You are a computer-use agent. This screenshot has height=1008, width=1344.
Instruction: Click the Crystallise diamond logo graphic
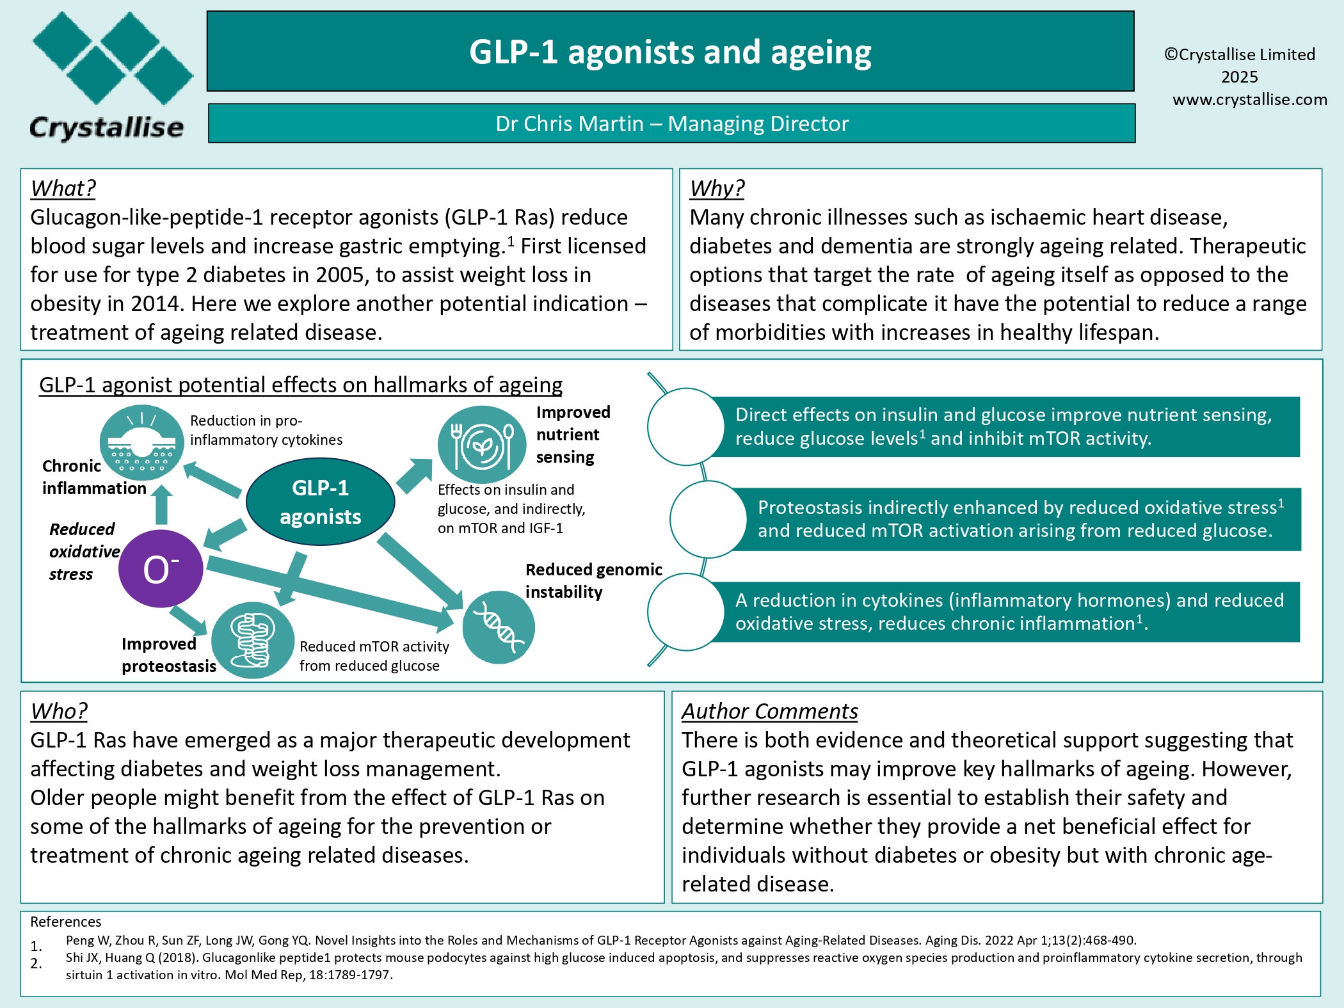(113, 58)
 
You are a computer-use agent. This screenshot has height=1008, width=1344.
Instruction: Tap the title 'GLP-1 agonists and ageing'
(670, 52)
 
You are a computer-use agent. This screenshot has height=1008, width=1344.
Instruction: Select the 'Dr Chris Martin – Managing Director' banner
(671, 123)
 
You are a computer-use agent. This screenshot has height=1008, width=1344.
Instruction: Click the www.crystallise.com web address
(1249, 99)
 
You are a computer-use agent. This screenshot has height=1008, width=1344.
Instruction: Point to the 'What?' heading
(63, 188)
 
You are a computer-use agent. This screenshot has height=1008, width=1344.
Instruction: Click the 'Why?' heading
(717, 188)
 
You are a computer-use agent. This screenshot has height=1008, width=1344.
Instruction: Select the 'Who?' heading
(59, 711)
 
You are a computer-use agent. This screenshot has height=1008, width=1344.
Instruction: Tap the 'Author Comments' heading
(769, 711)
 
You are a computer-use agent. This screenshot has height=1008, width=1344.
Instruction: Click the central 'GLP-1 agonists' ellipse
(320, 502)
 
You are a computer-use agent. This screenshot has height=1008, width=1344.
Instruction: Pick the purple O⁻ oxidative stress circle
(161, 568)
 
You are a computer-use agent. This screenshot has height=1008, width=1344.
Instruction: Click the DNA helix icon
(499, 627)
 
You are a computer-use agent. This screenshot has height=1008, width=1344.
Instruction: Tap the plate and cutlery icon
(482, 445)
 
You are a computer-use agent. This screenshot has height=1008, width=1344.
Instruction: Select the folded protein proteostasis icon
(253, 640)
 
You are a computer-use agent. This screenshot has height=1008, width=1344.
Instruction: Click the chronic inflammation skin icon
(142, 442)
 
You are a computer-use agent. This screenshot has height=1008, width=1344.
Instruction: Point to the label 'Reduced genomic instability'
(593, 580)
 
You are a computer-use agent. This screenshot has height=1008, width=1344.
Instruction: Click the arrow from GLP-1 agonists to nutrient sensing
(415, 476)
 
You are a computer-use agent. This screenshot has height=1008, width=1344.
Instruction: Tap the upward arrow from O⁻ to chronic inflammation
(161, 505)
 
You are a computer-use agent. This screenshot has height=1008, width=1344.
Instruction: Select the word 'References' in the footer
(66, 922)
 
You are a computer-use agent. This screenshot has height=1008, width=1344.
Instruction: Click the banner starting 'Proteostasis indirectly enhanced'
(1018, 519)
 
